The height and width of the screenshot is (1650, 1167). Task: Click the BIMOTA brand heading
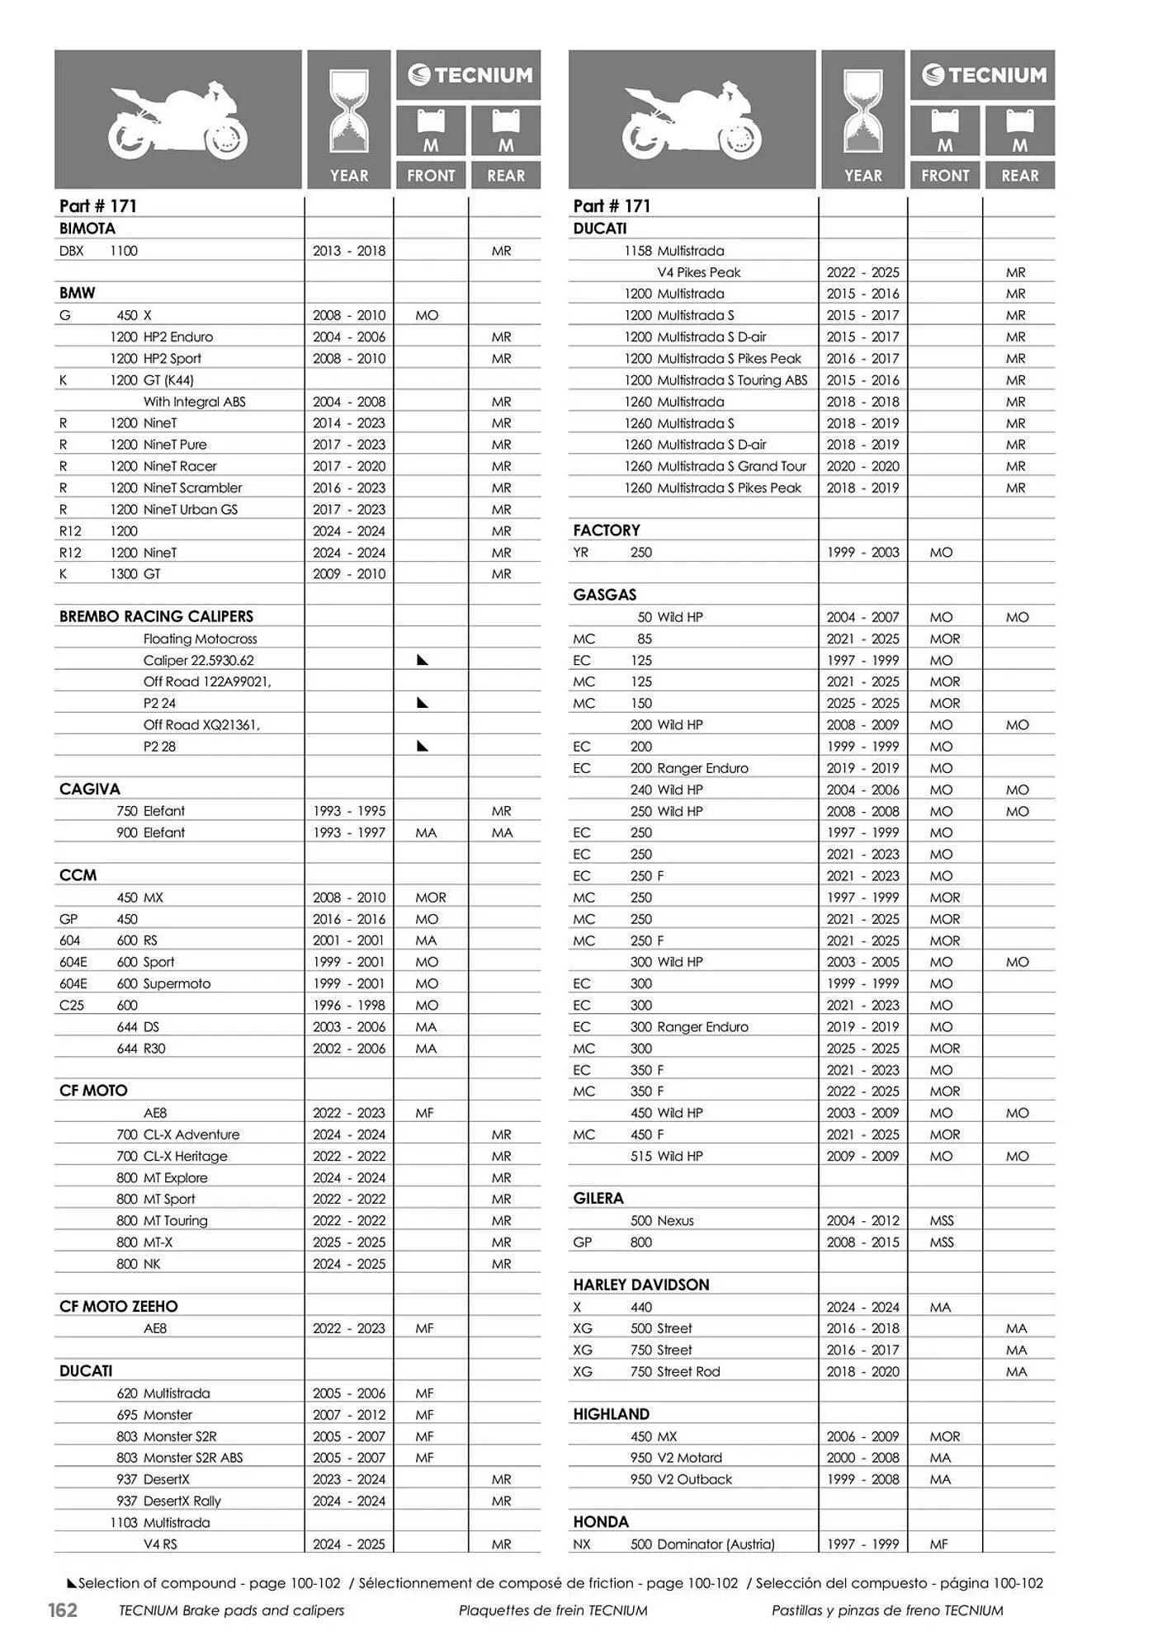click(x=87, y=229)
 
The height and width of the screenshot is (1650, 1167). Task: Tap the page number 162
click(x=63, y=1610)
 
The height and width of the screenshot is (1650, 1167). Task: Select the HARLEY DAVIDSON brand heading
click(x=641, y=1285)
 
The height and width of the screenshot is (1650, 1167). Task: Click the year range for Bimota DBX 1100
click(x=348, y=251)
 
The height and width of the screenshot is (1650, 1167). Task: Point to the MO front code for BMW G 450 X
click(x=427, y=315)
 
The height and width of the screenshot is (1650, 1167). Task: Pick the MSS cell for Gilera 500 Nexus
click(x=942, y=1220)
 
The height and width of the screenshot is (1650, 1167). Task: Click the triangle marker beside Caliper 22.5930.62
click(x=423, y=660)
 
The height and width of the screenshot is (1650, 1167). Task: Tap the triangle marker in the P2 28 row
click(x=423, y=746)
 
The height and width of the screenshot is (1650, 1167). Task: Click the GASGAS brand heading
click(x=605, y=595)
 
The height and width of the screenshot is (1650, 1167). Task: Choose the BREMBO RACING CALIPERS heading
click(x=156, y=616)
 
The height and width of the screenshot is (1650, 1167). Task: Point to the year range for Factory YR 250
click(x=862, y=552)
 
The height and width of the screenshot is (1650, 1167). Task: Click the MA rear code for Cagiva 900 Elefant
click(x=502, y=832)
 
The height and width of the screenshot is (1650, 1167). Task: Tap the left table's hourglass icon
click(x=349, y=111)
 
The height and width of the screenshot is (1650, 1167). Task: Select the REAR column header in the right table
click(x=1020, y=176)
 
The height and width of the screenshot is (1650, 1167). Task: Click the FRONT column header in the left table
click(x=431, y=176)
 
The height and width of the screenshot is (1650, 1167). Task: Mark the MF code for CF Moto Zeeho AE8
click(x=424, y=1328)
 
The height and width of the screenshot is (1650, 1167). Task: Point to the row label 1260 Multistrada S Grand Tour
click(x=715, y=466)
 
